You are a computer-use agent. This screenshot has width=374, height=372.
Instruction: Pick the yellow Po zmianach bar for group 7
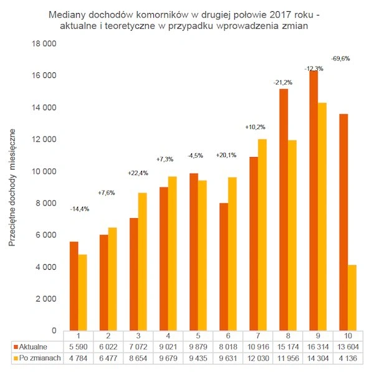click(x=262, y=234)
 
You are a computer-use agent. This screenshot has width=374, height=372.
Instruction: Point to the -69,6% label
click(x=341, y=59)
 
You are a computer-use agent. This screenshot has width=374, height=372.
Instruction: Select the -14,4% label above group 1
click(x=79, y=209)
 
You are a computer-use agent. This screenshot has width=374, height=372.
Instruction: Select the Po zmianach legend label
click(x=36, y=358)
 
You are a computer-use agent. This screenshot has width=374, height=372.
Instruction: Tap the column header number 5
click(x=196, y=336)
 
